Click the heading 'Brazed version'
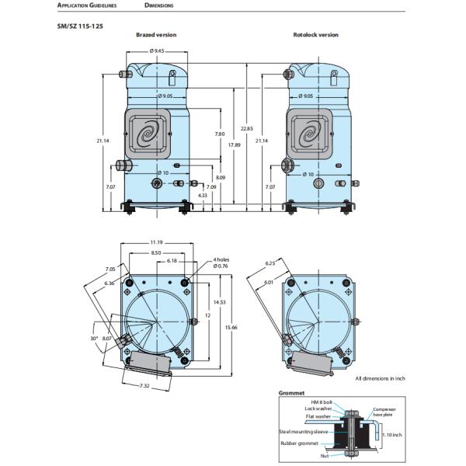pyautogui.click(x=156, y=35)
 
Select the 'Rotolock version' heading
pyautogui.click(x=315, y=35)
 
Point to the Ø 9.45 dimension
pyautogui.click(x=158, y=50)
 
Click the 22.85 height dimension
pyautogui.click(x=246, y=127)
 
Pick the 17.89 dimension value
pyautogui.click(x=233, y=145)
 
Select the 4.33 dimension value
pyautogui.click(x=203, y=195)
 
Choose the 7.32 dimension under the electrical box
pyautogui.click(x=145, y=386)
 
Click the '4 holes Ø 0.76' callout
pyautogui.click(x=222, y=263)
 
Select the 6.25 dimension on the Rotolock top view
pyautogui.click(x=270, y=263)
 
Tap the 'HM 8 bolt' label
pyautogui.click(x=320, y=401)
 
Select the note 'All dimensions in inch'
pyautogui.click(x=380, y=378)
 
